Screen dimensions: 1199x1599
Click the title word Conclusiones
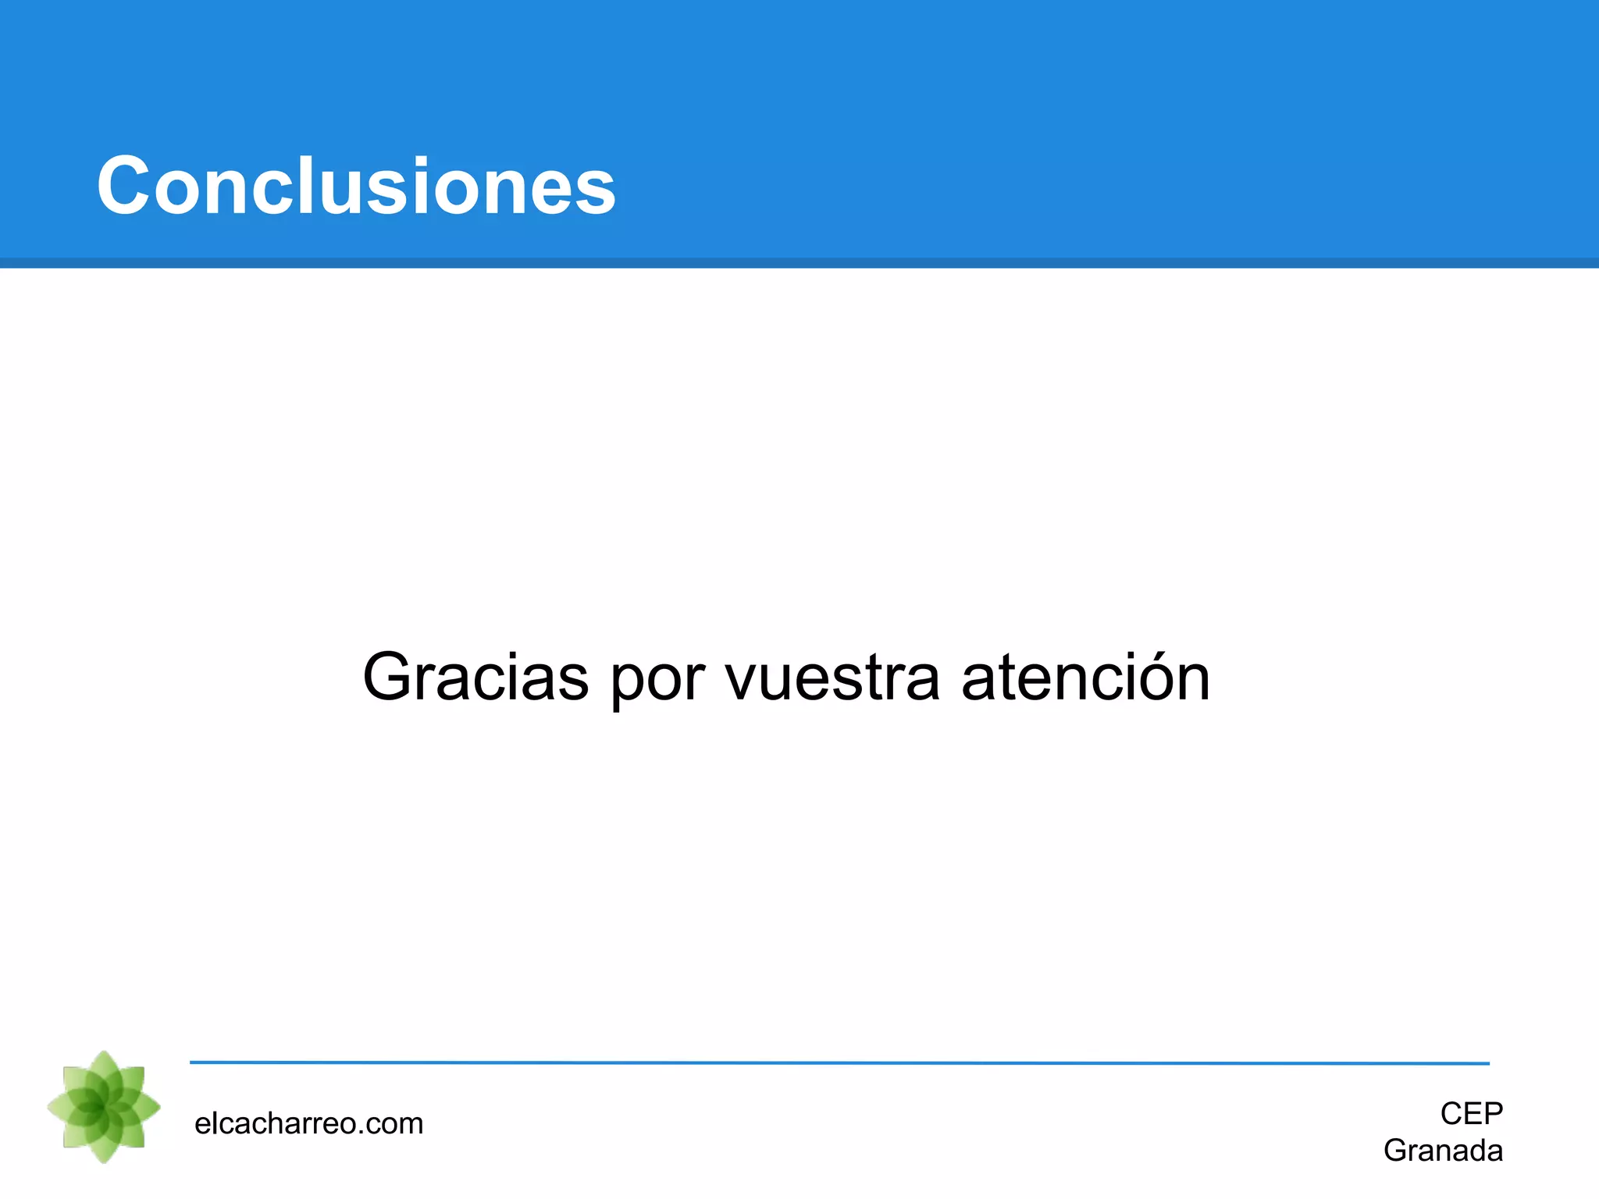pos(356,186)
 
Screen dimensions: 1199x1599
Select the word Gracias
pos(475,677)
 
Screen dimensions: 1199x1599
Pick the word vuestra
pos(832,677)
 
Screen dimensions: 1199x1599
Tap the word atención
pos(1085,677)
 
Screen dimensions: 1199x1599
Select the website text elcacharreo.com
pos(308,1123)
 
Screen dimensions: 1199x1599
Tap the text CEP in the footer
pos(1471,1113)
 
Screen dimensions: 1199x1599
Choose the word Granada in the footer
pos(1443,1151)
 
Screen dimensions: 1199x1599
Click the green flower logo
pos(104,1107)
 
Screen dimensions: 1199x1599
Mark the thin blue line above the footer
pos(839,1063)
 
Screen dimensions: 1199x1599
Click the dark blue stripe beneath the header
pos(799,263)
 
